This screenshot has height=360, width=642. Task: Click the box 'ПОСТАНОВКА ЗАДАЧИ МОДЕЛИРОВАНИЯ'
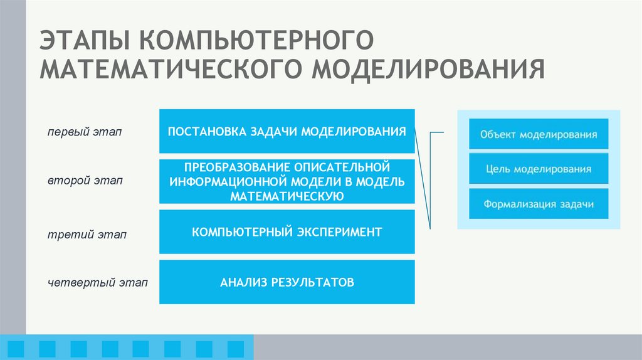(287, 131)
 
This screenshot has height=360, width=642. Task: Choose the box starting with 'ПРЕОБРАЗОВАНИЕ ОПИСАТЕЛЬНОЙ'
(287, 181)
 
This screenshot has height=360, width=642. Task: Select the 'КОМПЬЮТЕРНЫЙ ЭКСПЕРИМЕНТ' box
(287, 232)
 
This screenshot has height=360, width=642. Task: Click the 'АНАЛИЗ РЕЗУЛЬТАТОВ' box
(287, 282)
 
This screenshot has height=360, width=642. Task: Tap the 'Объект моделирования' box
(539, 134)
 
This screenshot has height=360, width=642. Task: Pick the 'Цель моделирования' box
(539, 169)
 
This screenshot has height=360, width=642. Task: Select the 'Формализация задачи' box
(539, 204)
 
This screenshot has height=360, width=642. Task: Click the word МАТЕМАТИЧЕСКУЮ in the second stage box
(287, 196)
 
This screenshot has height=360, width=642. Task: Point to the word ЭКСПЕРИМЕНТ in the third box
(339, 232)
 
